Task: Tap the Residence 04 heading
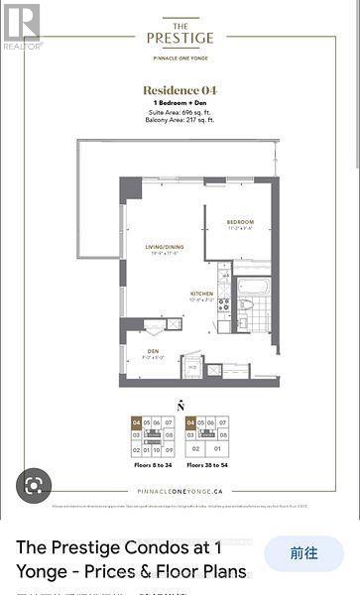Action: coord(180,90)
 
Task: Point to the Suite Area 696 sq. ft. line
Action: coord(180,113)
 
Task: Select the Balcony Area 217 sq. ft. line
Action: coord(180,121)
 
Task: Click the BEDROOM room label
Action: coord(240,221)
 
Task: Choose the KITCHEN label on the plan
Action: coord(203,295)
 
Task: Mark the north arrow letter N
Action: coord(180,405)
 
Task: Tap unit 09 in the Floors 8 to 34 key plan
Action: coord(169,448)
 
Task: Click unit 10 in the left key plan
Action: coord(158,448)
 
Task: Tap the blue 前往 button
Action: coord(303,553)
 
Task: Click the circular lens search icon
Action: coord(33,486)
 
